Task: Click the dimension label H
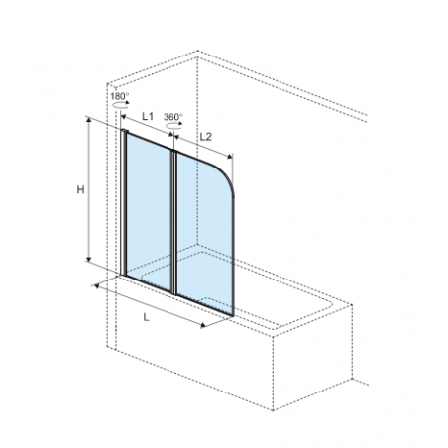80,190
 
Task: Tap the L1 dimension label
148,116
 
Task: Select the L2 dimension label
205,137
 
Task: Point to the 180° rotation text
120,96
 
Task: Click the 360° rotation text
173,117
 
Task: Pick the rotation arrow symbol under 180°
120,104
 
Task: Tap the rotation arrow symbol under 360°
173,125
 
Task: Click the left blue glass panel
149,211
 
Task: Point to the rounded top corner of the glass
227,174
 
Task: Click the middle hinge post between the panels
173,222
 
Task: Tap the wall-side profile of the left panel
123,202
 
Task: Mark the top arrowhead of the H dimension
88,120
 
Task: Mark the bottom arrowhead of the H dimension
88,259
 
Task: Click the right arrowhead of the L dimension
203,325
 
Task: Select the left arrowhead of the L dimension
97,286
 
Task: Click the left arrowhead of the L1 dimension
124,117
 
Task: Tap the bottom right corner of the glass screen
233,315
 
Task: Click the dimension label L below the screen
147,317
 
